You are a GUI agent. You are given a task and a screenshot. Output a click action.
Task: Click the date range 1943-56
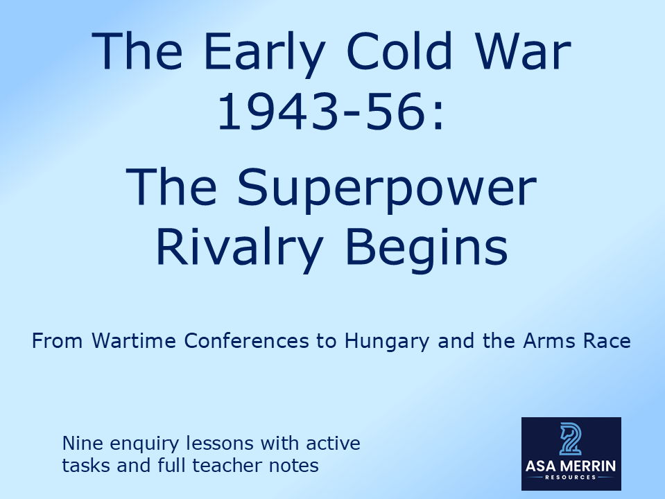[x=320, y=114]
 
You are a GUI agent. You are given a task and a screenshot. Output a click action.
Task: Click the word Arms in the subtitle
[x=542, y=342]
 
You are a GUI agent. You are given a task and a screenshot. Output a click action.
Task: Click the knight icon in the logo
[x=570, y=439]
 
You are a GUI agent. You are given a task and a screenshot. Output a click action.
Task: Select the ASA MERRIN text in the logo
[x=571, y=466]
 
